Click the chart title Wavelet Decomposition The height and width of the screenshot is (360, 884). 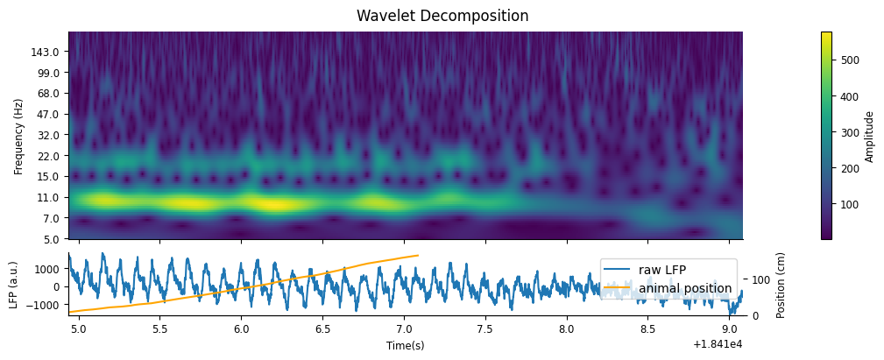[442, 16]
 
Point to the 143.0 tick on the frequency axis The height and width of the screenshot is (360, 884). [45, 52]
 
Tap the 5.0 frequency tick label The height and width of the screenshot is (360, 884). [50, 238]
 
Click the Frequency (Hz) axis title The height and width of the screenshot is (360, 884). [18, 136]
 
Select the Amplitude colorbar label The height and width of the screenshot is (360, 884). [869, 136]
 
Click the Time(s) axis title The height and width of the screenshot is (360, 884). [406, 345]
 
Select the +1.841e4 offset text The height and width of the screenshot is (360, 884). [717, 345]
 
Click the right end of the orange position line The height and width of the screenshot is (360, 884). [417, 256]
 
